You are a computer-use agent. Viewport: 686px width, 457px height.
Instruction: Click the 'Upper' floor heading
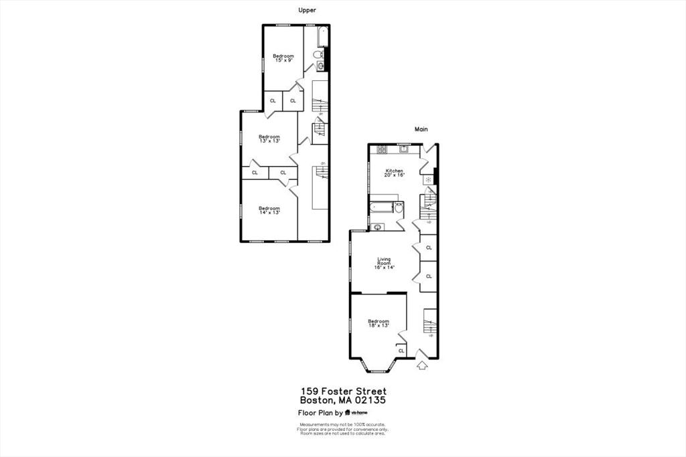coord(307,10)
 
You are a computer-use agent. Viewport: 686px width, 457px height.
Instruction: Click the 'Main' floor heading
coord(421,129)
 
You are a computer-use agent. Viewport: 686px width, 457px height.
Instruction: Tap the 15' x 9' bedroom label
coord(283,58)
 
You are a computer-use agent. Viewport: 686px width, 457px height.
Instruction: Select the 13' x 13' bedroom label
coord(269,139)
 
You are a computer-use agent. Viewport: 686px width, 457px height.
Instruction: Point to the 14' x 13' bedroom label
coord(269,210)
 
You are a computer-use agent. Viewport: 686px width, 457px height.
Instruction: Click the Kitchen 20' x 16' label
coord(394,173)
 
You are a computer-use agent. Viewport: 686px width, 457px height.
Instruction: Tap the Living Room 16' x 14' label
coord(384,263)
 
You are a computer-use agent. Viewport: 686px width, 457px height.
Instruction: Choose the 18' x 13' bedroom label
coord(379,323)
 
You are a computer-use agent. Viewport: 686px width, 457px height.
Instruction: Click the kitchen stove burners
coord(382,149)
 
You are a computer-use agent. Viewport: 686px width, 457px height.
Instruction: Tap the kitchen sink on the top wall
coord(404,149)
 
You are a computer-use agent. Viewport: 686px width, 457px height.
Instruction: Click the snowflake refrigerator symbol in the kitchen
coord(426,181)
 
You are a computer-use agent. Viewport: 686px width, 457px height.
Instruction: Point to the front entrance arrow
coord(421,365)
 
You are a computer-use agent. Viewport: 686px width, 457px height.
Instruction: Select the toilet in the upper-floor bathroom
coord(319,54)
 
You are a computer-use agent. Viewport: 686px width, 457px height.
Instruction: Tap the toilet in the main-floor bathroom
coord(398,208)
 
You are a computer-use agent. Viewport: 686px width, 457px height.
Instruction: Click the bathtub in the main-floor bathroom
coord(383,207)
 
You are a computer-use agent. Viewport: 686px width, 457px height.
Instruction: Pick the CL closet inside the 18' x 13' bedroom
coord(401,351)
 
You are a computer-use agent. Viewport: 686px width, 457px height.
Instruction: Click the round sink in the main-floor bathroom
coord(378,227)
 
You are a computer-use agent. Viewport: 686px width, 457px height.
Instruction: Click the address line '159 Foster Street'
coord(343,391)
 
